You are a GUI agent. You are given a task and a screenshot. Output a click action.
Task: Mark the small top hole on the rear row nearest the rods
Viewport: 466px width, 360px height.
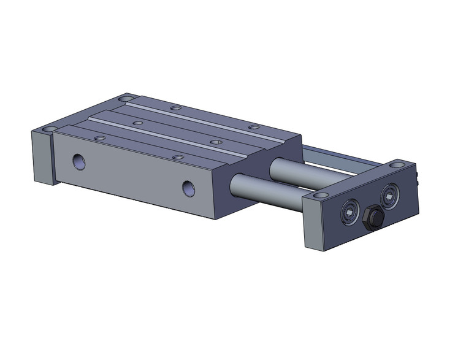coord(253,127)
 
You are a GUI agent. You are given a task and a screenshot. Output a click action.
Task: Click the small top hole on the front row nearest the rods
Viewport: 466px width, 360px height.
coord(178,158)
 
